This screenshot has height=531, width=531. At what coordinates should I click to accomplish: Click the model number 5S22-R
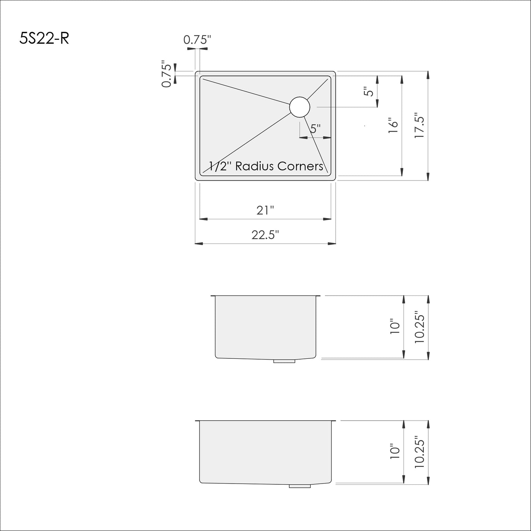click(x=44, y=38)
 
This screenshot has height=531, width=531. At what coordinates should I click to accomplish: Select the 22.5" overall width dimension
click(x=265, y=235)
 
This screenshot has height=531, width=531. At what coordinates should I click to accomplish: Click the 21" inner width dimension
click(x=265, y=210)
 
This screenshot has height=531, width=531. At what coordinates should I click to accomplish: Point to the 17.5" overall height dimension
click(x=420, y=126)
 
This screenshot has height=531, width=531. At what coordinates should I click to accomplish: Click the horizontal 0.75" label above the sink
click(x=197, y=40)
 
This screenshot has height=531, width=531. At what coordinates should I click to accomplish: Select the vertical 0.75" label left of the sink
click(x=167, y=74)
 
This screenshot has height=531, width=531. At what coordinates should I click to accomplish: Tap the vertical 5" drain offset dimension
click(x=369, y=92)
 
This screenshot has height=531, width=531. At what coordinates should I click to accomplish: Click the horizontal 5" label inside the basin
click(x=316, y=129)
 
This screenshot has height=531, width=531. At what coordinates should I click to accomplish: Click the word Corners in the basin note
click(x=300, y=166)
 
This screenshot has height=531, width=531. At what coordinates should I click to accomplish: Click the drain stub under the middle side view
click(x=284, y=361)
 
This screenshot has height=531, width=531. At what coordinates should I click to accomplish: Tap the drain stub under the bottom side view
click(x=300, y=486)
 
